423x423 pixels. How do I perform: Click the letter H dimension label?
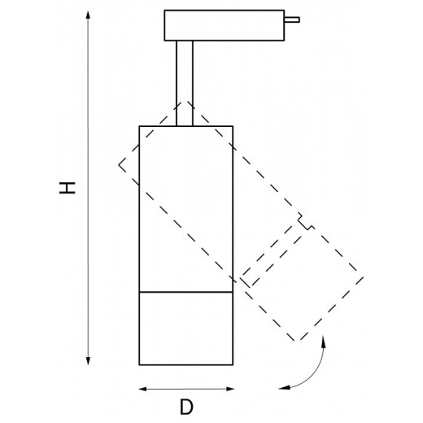click(68, 188)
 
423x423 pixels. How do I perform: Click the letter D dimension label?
click(186, 407)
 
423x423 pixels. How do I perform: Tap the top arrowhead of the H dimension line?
click(88, 15)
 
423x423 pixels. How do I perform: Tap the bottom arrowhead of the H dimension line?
click(88, 361)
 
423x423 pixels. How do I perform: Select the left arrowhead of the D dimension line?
click(142, 389)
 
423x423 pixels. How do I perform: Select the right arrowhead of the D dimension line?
click(230, 389)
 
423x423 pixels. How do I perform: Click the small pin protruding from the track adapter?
click(292, 20)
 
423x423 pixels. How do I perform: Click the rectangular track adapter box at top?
click(225, 25)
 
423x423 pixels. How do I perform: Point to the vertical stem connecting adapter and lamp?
click(185, 83)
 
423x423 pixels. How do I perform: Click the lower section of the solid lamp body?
click(186, 329)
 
